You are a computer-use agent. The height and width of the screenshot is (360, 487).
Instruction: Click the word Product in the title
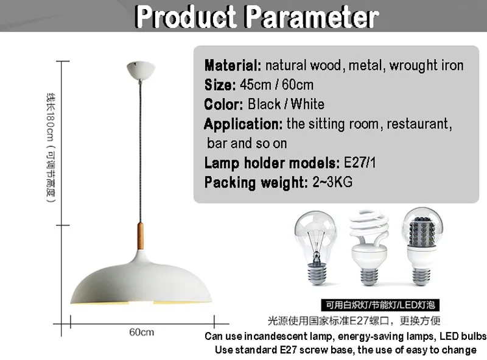click(186, 17)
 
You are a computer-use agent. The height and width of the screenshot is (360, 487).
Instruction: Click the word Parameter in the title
click(312, 17)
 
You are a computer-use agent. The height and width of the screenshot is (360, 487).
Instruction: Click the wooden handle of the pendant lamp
click(141, 236)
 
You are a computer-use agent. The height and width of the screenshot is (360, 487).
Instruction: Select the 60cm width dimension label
click(142, 333)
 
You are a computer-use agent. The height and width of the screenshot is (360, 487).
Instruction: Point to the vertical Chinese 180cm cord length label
click(51, 147)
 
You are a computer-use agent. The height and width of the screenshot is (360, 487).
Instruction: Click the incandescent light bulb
click(316, 247)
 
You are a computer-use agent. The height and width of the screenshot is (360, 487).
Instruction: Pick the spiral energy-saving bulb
click(370, 247)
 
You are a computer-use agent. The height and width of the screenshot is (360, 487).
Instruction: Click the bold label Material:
click(233, 66)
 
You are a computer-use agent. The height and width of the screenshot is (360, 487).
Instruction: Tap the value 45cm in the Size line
click(255, 85)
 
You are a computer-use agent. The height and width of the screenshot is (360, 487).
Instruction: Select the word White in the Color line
click(307, 104)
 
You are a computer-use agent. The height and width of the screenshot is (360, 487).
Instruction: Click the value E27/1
click(360, 162)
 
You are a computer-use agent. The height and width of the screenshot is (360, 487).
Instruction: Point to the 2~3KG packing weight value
click(332, 182)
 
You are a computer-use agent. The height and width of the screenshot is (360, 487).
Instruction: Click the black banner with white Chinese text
click(380, 305)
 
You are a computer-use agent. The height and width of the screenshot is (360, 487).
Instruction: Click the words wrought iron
click(427, 66)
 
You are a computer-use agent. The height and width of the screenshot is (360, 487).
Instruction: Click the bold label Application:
click(243, 124)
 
